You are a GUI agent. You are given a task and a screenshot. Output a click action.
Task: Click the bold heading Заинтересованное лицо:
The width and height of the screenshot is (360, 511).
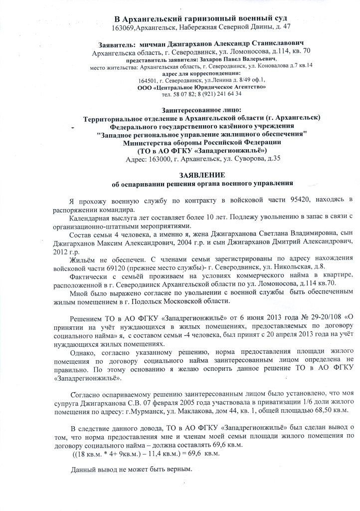[x=201, y=109]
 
